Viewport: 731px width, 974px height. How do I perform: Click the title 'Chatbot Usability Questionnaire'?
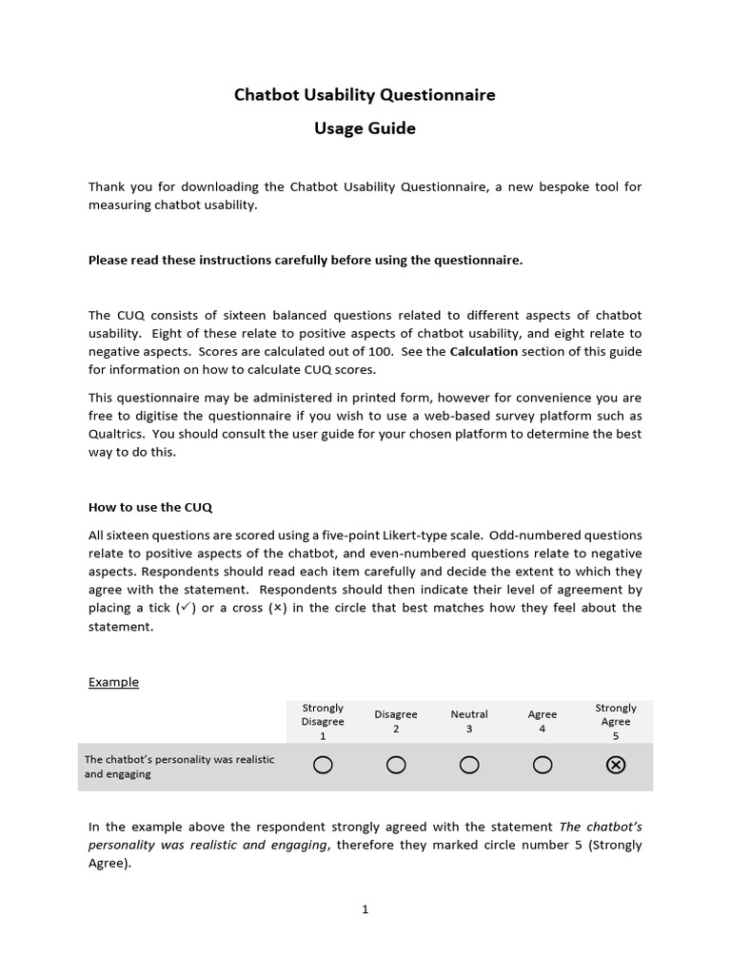click(x=365, y=95)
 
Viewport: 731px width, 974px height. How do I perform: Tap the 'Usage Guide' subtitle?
click(x=365, y=128)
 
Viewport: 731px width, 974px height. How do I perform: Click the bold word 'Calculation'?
click(x=484, y=351)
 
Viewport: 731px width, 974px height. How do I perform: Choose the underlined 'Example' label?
click(x=113, y=682)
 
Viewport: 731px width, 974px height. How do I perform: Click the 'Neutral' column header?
click(x=469, y=714)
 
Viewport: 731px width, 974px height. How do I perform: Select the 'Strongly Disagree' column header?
click(x=323, y=721)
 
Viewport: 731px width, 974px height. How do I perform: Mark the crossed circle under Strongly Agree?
click(x=616, y=766)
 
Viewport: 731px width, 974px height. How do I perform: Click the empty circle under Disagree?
click(x=396, y=766)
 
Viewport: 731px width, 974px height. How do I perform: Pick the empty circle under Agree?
click(x=543, y=766)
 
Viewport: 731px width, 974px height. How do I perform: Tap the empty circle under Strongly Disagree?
click(x=323, y=766)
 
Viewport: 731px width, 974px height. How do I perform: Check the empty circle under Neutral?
click(x=469, y=766)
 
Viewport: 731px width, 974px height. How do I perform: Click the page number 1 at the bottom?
click(x=365, y=909)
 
